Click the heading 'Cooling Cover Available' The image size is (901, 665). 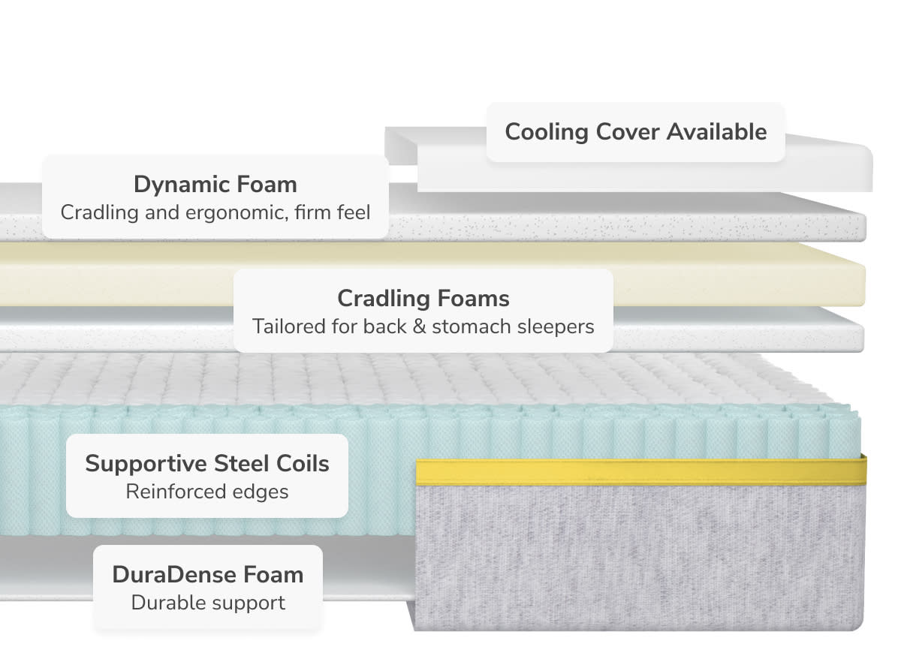[635, 132]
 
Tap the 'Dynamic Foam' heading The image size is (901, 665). [215, 184]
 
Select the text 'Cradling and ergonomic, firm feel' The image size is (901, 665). [215, 212]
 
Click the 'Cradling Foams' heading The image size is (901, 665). [423, 298]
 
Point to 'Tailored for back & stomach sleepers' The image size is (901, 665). [423, 326]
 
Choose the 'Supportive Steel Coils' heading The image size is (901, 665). [206, 463]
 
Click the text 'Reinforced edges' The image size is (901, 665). [206, 492]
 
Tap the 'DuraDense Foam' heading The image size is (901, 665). [207, 574]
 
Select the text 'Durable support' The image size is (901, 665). [207, 602]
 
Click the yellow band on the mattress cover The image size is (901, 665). [638, 471]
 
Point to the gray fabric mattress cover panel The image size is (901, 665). [638, 555]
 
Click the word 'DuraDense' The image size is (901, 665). [165, 574]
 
